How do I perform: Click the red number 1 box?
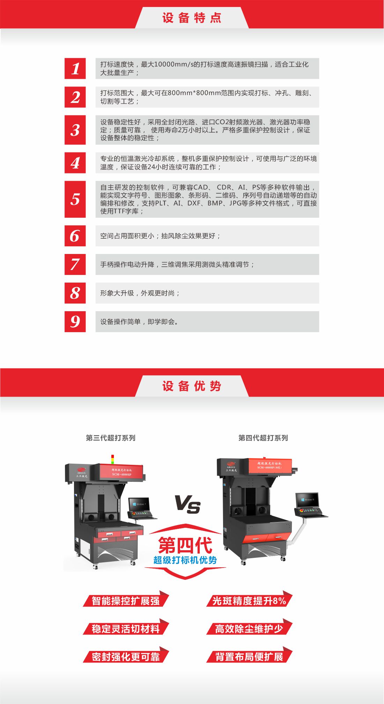pos(75,68)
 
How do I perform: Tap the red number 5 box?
pos(75,199)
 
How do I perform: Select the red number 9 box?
pos(75,322)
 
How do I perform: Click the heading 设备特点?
pos(192,18)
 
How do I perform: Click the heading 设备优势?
pos(192,386)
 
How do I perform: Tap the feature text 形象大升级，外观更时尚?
pos(140,293)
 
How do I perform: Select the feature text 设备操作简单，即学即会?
pos(139,322)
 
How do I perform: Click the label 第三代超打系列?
pos(111,438)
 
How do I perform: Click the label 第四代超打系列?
pos(263,438)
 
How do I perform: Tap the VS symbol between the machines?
pos(187,504)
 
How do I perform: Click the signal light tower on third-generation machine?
pos(112,459)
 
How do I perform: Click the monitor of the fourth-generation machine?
pos(308,500)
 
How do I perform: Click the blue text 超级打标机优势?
pos(185,560)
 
